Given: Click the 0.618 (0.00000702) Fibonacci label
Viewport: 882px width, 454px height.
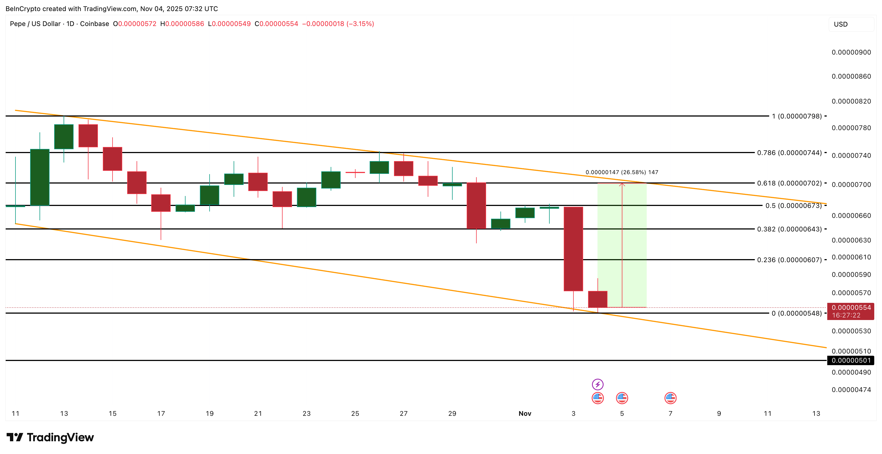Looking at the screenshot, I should click(789, 183).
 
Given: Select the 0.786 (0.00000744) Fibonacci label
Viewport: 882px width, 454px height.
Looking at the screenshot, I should click(789, 153).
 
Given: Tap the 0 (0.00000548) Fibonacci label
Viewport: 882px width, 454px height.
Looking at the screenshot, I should click(796, 313).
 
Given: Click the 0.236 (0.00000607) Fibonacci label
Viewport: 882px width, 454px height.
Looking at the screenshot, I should click(789, 260).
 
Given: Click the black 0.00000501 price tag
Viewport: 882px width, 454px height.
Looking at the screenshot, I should click(851, 360).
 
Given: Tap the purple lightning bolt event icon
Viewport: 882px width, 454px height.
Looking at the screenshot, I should click(597, 385).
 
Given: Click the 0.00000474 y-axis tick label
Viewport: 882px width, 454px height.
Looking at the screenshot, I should click(851, 389).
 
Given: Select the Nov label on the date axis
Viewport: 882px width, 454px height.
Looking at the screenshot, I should click(524, 414).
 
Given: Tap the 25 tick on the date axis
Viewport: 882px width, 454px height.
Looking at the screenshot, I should click(355, 414).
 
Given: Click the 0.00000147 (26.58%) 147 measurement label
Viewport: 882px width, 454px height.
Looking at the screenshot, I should click(622, 172).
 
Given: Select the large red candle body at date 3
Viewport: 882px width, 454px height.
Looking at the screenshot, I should click(573, 249).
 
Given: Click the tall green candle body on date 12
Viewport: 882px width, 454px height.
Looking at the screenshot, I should click(40, 177).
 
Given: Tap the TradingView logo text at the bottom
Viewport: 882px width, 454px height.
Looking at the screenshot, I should click(60, 438).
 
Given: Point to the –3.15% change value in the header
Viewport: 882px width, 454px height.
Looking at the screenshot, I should click(360, 24).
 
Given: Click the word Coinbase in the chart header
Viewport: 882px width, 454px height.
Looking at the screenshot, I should click(95, 24).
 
